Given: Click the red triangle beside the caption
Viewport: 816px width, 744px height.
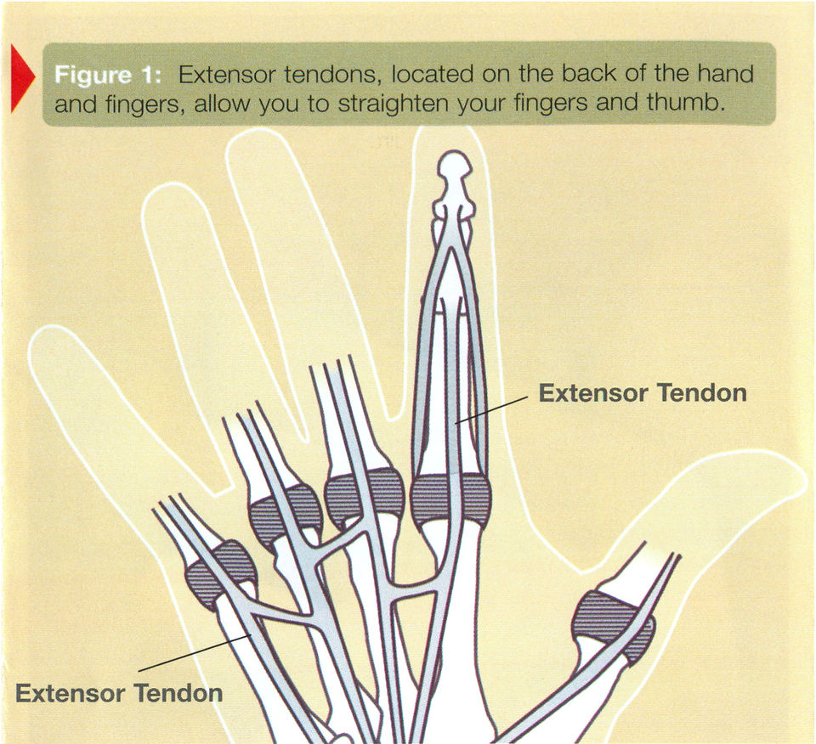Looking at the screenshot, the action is (21, 78).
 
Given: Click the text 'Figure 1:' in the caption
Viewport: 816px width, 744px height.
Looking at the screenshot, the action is (108, 75).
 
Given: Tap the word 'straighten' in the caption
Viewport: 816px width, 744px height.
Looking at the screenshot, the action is (394, 104).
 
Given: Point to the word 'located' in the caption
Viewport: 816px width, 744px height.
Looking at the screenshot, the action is (433, 75).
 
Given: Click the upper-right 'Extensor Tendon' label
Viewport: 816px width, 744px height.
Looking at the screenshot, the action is (643, 392).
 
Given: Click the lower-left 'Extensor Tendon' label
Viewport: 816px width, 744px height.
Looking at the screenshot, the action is (119, 692).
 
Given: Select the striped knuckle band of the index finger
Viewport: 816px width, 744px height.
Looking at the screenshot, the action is (450, 500).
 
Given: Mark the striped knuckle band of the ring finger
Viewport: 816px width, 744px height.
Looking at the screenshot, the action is (286, 515).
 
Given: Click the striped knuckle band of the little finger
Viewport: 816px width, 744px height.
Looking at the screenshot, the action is (221, 572).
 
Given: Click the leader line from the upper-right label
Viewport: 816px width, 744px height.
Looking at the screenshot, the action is (493, 409).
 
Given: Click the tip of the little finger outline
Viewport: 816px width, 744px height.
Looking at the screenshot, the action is (44, 338).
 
